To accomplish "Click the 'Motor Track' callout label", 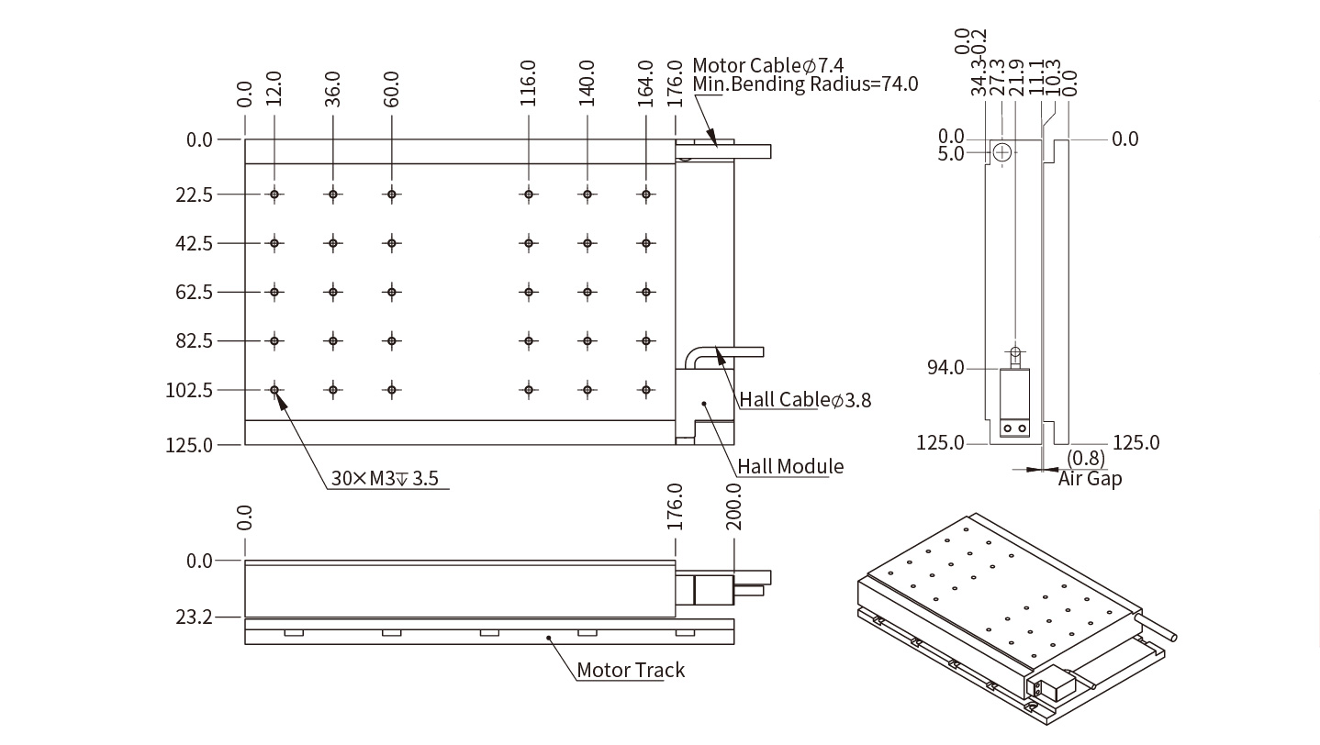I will tap(630, 670).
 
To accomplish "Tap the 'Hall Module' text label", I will tap(790, 466).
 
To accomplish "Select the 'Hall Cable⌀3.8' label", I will tap(805, 399).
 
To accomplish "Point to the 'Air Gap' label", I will tap(1090, 478).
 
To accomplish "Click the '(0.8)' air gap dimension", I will tap(1086, 458).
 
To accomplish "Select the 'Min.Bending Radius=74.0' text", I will tap(805, 84).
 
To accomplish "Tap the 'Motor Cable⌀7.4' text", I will tap(767, 65).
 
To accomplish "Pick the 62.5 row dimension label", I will tap(194, 292).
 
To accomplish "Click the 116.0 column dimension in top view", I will tap(528, 83).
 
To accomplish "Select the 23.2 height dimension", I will tap(194, 617).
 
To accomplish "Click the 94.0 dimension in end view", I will tap(946, 368).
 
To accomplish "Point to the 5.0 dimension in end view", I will tap(951, 153).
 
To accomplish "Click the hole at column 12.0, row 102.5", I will tap(274, 390).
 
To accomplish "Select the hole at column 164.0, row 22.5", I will tap(646, 195).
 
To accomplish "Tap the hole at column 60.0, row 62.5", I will tap(392, 292).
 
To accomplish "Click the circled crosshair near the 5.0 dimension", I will tap(1001, 151).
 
